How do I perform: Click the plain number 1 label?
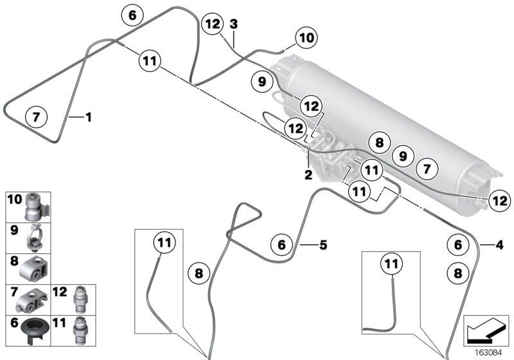(89, 117)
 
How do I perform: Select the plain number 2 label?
(308, 174)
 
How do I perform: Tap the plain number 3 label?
(234, 24)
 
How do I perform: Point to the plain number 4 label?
(499, 244)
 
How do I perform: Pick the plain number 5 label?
(323, 244)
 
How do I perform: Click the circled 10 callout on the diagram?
(306, 38)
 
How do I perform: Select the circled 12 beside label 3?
(212, 24)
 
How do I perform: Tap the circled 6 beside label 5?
(281, 245)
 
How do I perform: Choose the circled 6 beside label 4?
(457, 245)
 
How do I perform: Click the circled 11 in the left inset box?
(164, 244)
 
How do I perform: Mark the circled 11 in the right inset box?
(391, 262)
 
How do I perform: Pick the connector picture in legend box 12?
(82, 298)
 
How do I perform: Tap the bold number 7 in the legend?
(14, 292)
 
